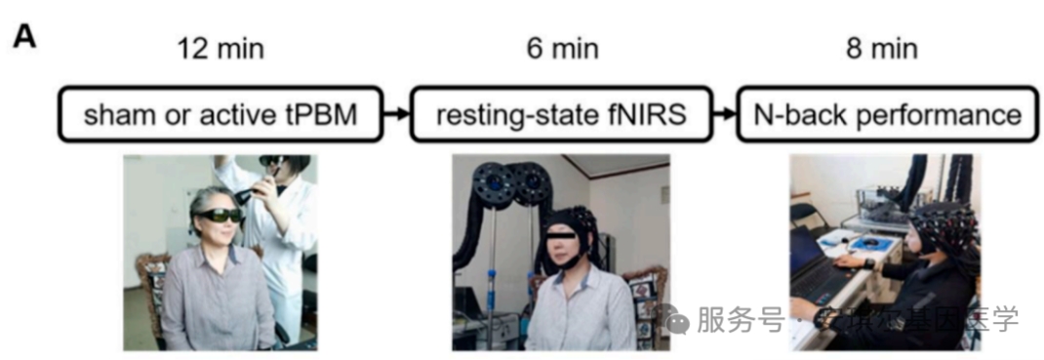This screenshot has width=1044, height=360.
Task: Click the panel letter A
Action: [23, 36]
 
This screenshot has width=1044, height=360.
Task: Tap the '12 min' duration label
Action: [221, 48]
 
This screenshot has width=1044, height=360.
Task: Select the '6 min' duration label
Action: [562, 48]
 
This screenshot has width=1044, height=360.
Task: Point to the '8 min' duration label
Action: [882, 48]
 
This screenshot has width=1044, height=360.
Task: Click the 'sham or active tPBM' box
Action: [221, 115]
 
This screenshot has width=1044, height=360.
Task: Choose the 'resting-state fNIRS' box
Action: [563, 115]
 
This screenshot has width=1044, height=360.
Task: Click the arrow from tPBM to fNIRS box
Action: [394, 115]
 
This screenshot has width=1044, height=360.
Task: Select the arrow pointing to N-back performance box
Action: [723, 115]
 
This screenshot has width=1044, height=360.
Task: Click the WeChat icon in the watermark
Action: [677, 318]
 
